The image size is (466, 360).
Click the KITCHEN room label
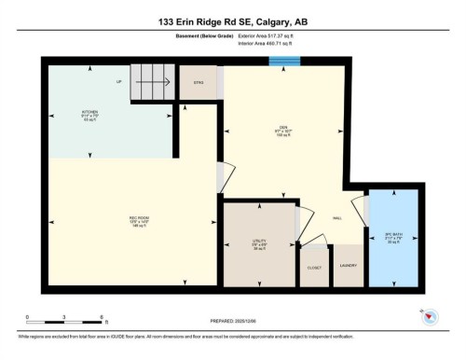tap(89, 114)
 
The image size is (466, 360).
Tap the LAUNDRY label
tap(347, 267)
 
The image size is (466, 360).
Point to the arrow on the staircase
tap(154, 81)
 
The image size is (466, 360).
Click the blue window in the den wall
tap(282, 62)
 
